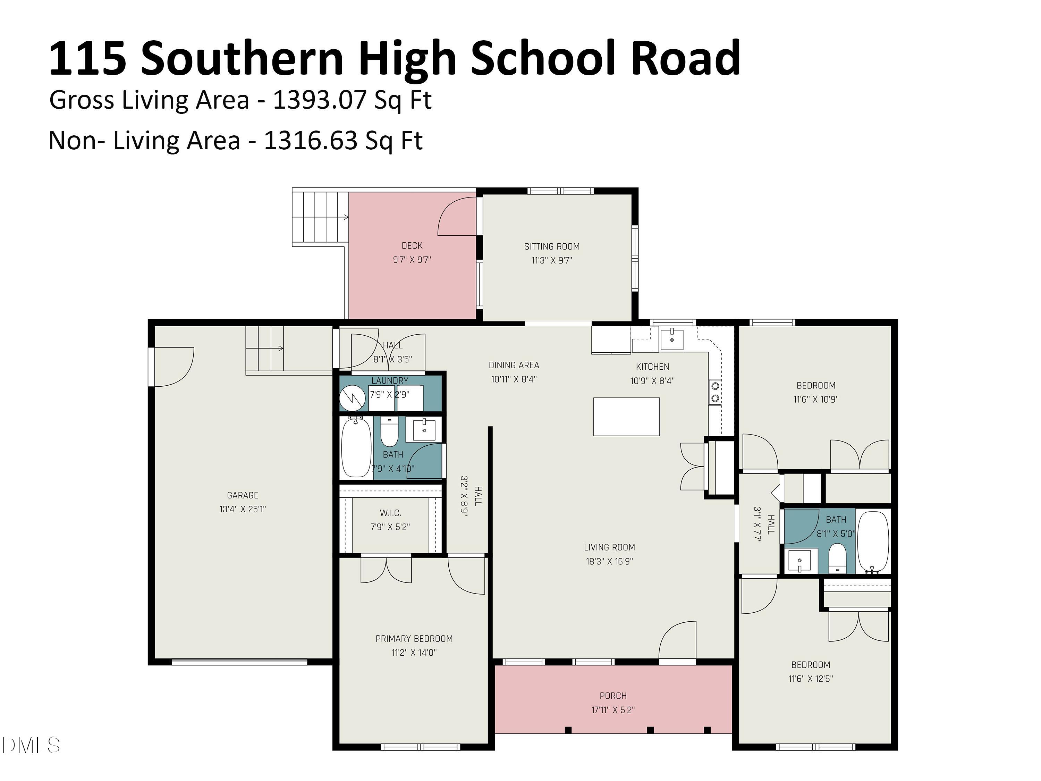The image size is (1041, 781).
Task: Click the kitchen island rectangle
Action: (626, 417)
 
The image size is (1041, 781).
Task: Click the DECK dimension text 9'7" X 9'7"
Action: (412, 259)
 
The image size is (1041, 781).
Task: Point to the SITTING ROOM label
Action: (552, 246)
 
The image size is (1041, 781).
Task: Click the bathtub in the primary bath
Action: (356, 447)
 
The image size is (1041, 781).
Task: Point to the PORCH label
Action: (613, 695)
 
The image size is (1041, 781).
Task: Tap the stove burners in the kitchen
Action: (715, 392)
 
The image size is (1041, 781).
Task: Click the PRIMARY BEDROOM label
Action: (414, 638)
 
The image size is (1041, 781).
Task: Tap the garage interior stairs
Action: (264, 349)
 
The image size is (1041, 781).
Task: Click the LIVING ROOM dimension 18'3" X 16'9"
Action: (609, 561)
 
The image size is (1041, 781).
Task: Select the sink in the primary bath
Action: (424, 430)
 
